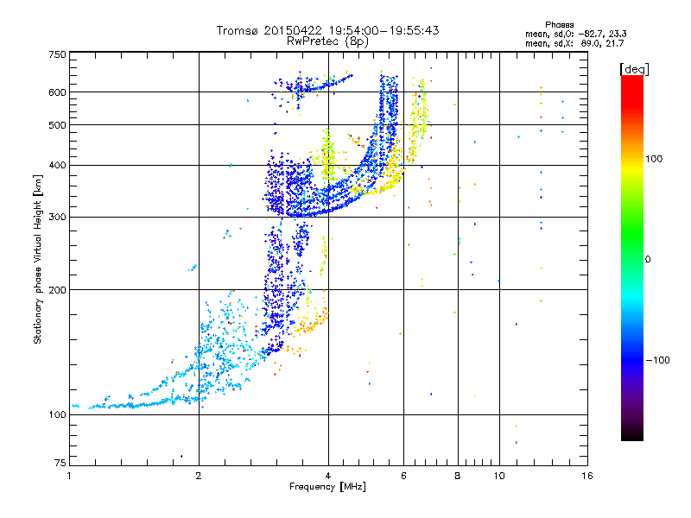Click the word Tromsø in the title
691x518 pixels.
point(238,30)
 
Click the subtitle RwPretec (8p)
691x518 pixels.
point(327,41)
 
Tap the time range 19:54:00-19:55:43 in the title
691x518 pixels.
point(384,30)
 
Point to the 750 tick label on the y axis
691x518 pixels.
point(58,54)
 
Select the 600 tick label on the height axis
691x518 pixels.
point(58,92)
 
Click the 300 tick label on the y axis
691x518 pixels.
point(58,217)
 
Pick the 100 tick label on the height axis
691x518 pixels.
point(58,414)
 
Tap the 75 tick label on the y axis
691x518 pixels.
point(60,463)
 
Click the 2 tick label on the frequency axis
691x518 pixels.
point(199,476)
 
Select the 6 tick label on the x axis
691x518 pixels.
point(403,476)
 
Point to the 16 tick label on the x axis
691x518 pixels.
point(587,476)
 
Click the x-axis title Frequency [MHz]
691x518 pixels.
point(328,487)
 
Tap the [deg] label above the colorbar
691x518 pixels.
point(634,69)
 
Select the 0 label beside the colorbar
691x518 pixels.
point(648,259)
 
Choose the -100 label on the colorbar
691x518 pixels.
point(658,360)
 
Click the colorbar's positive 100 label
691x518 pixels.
point(654,159)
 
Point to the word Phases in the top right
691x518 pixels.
point(559,25)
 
